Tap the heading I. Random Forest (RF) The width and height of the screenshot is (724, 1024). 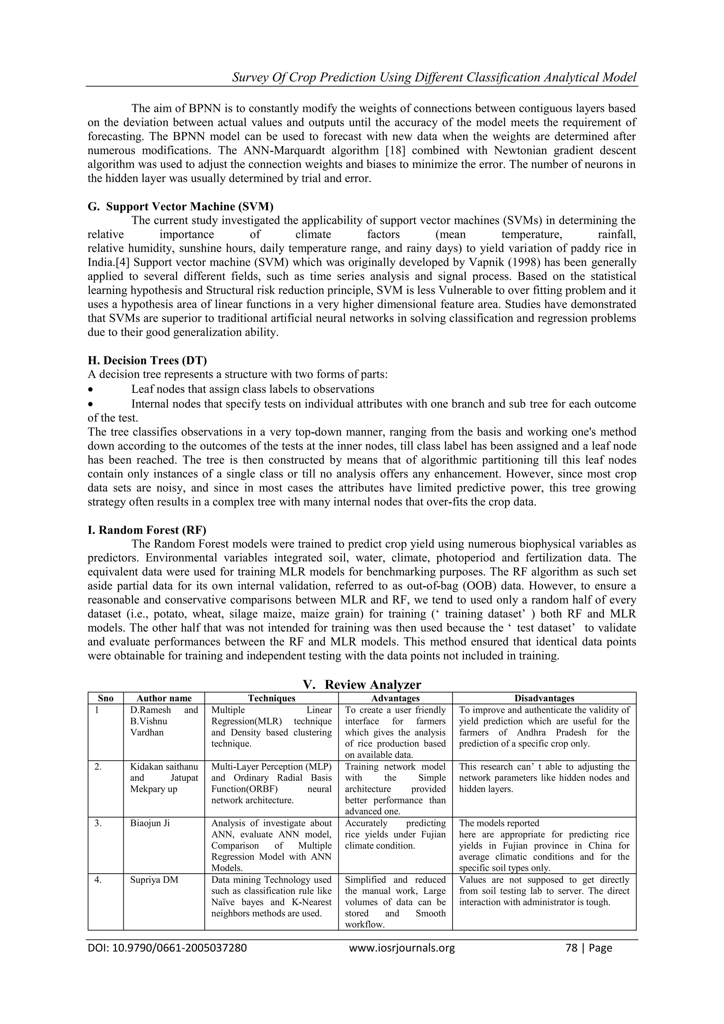[x=147, y=530]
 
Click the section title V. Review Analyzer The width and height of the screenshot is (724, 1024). [x=362, y=684]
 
